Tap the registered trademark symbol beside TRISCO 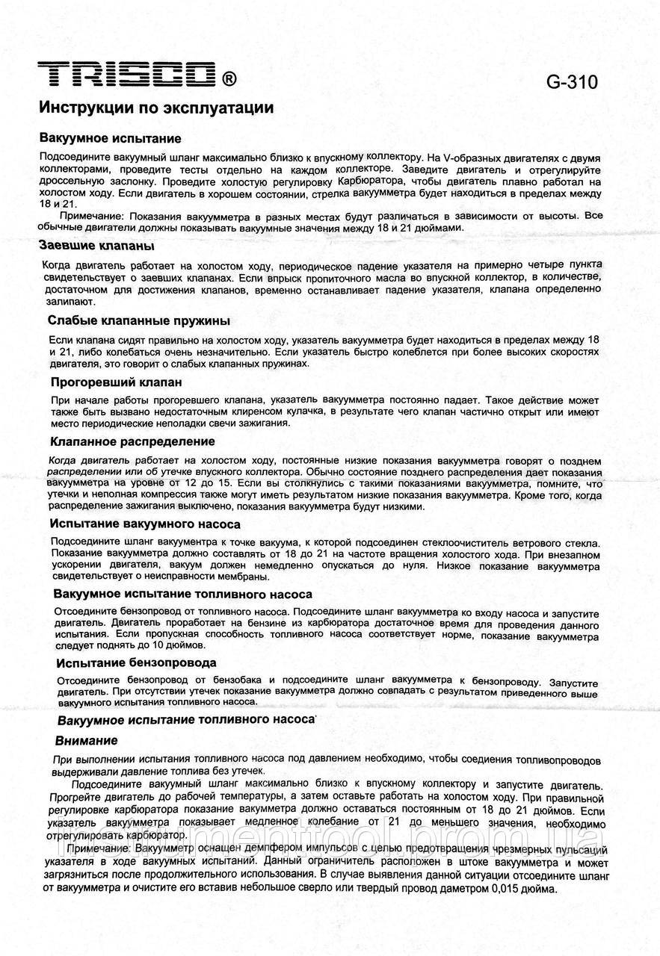229,78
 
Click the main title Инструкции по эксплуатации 156,108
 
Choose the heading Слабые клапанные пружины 138,320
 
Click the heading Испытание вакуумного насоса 145,524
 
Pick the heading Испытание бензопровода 137,662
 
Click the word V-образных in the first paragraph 465,158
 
